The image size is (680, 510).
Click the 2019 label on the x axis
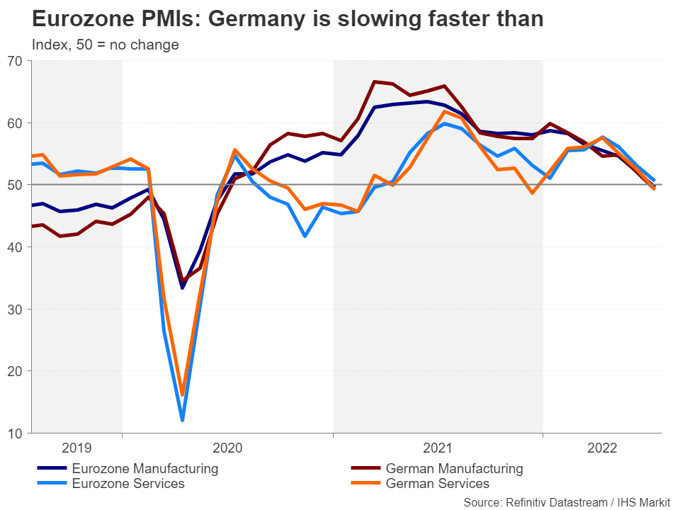76,448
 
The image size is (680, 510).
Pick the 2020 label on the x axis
227,448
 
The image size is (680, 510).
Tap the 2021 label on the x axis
438,448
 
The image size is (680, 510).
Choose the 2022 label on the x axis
602,448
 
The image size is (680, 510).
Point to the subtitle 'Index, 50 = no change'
106,45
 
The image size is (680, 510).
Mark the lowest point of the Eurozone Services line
182,421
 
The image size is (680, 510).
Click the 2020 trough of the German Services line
182,395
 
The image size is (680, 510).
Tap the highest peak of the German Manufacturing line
375,81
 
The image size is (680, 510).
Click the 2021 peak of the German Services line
444,111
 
